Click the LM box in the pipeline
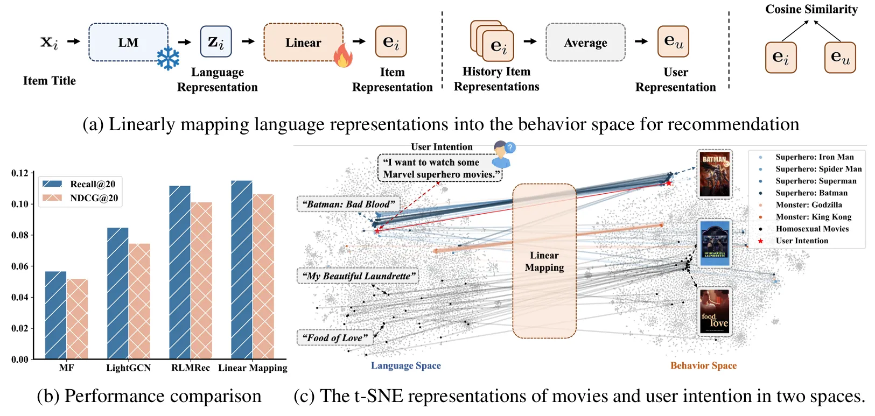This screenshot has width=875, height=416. coord(128,43)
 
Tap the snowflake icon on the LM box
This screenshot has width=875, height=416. coord(168,59)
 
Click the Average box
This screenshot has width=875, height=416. coord(585,43)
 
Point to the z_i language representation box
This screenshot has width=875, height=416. coord(216,42)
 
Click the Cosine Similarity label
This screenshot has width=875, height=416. coord(811,9)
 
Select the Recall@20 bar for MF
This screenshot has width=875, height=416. coord(55,315)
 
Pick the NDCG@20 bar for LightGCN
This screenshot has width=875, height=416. coord(139,301)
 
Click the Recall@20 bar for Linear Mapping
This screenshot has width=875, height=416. coord(242,269)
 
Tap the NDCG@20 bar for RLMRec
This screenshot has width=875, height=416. coord(201,280)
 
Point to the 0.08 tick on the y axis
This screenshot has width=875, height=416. coord(20,235)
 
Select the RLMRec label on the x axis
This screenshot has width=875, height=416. coord(191,368)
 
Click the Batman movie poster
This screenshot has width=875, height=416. coord(715,174)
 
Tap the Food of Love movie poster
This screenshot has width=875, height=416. coord(715,312)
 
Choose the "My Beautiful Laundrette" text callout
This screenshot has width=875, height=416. coord(359,276)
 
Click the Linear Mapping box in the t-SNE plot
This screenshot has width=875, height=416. coord(544,261)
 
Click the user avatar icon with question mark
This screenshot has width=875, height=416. coord(502,154)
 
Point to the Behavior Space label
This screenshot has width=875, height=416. coord(703,366)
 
